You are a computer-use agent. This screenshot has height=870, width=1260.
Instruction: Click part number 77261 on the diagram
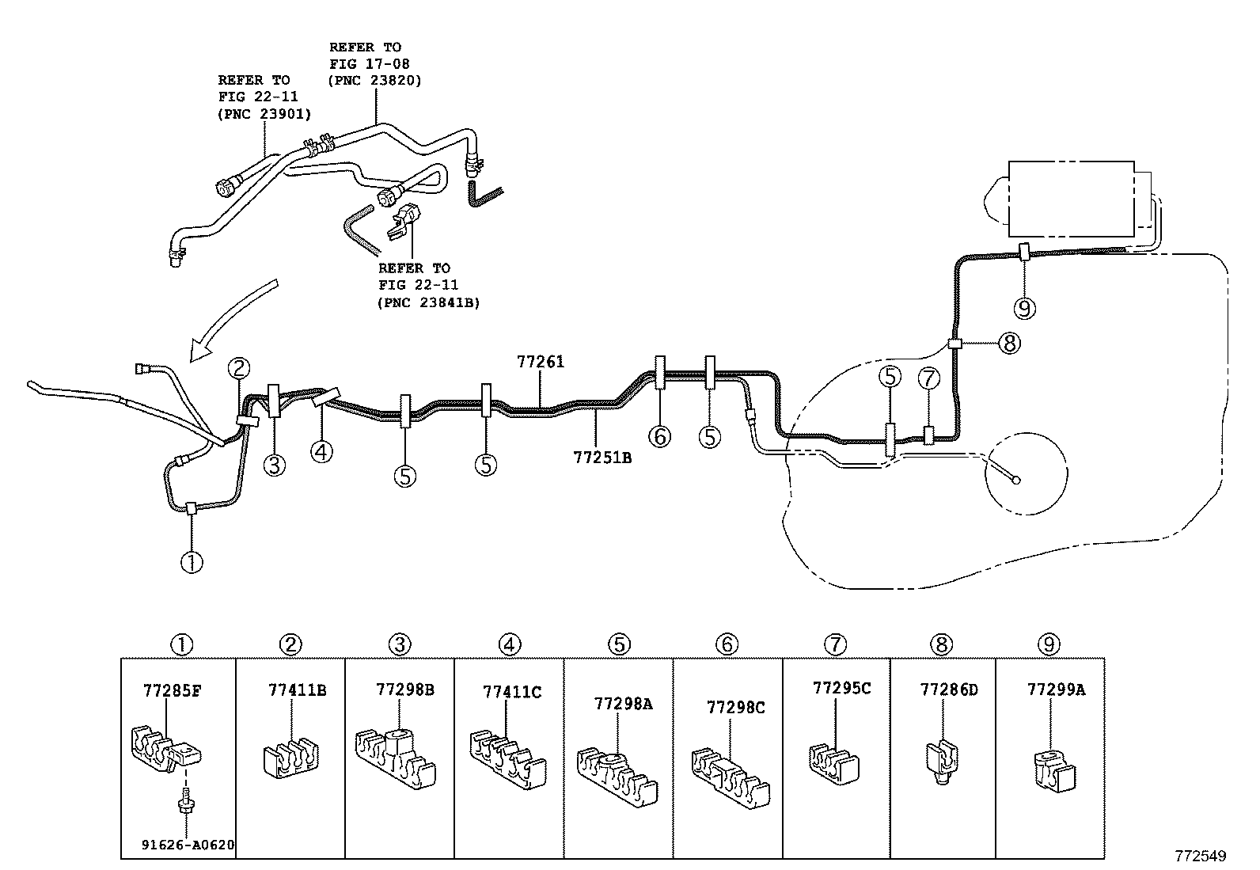click(541, 362)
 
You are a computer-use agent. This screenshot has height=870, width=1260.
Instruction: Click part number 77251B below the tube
click(602, 457)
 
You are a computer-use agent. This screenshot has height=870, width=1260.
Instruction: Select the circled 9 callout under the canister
click(1025, 307)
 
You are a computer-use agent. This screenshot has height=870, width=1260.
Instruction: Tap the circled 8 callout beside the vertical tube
click(1008, 344)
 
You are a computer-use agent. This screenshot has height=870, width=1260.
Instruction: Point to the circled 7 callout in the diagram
click(928, 378)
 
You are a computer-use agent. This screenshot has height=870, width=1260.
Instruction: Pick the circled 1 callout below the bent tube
click(192, 562)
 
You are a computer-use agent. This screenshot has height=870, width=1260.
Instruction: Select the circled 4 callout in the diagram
click(321, 452)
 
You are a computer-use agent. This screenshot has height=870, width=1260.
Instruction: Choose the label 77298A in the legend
click(623, 703)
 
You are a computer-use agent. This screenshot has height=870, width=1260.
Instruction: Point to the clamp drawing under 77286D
click(939, 759)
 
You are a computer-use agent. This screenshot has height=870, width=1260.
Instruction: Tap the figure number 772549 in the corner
click(1200, 856)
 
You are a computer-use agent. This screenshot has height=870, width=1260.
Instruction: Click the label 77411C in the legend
click(512, 692)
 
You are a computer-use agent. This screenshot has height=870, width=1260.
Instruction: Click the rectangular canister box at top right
click(1071, 199)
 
